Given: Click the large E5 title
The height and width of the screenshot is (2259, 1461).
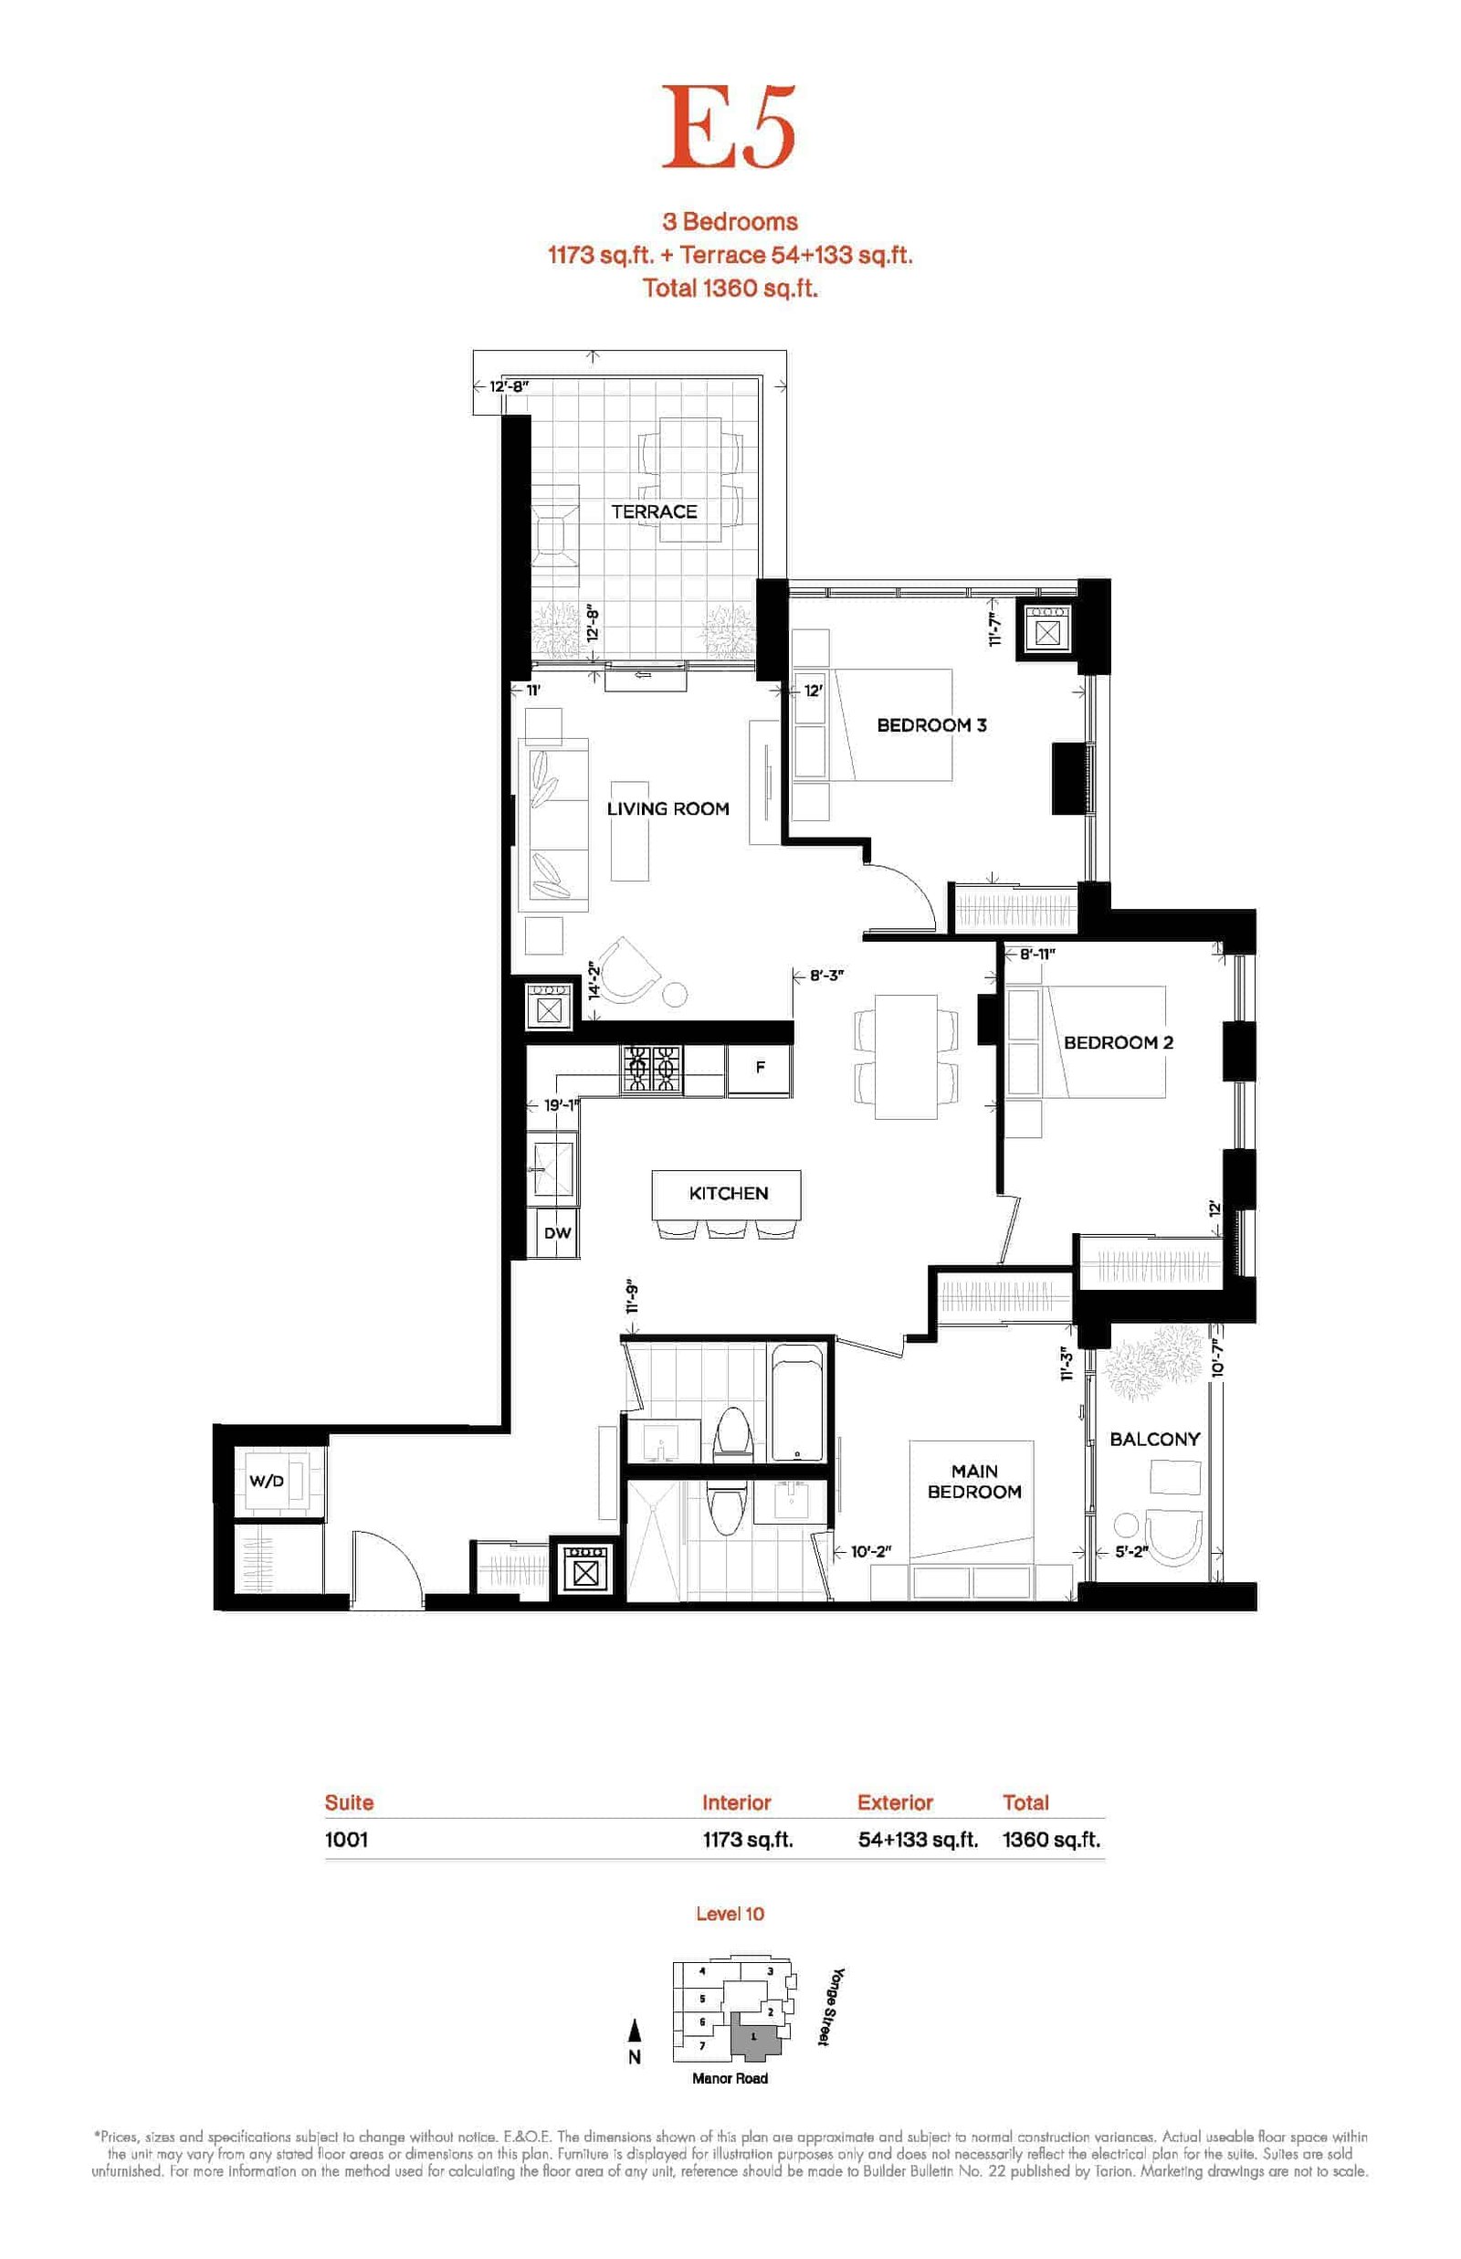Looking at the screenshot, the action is tap(729, 127).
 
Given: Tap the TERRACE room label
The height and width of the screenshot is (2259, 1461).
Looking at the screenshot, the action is tap(654, 512).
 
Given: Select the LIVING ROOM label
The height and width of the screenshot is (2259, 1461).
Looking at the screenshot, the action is tap(667, 808).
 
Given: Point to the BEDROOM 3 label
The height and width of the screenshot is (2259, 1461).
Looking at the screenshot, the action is tap(931, 725).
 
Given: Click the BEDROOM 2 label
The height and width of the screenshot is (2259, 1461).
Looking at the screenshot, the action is tap(1119, 1041).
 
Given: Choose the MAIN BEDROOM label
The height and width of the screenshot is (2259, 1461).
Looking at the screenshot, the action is tap(974, 1481).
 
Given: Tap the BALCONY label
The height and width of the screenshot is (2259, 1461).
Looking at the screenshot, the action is tap(1154, 1439).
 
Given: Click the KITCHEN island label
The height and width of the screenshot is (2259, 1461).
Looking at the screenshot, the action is tap(729, 1193).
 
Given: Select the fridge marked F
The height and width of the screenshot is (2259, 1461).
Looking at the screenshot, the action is tap(760, 1070).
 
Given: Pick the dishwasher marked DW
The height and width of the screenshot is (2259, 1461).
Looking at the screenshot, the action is tap(557, 1233).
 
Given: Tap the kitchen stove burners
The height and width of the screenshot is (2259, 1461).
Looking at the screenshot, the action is tap(651, 1070).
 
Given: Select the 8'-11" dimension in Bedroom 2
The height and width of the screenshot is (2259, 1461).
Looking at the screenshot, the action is tap(1037, 954).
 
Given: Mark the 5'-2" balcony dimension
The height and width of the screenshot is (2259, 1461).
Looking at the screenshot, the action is tap(1131, 1552).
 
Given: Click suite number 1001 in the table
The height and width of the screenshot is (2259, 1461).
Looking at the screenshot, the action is tap(346, 1839).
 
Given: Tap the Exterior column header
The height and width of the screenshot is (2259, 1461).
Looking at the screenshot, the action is tap(895, 1801).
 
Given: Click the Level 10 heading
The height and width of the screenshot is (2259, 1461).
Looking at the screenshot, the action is tap(730, 1913).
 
